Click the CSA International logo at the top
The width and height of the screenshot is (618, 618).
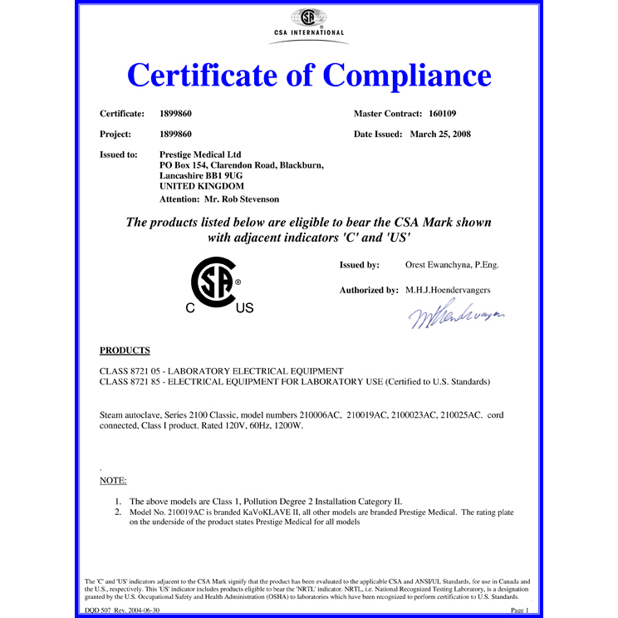(308, 20)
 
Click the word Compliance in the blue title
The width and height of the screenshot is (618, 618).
(406, 76)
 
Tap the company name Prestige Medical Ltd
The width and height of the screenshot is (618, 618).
(199, 154)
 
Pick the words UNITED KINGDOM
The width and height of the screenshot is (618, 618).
(196, 187)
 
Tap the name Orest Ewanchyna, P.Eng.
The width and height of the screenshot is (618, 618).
(451, 265)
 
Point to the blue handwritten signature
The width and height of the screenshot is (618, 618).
(456, 316)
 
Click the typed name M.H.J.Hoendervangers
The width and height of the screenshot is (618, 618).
(449, 291)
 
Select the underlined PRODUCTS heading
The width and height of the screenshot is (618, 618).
(125, 351)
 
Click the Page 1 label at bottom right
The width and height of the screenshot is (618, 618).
(519, 609)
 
